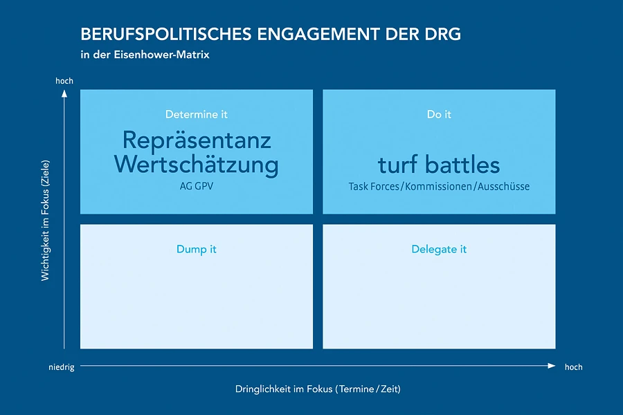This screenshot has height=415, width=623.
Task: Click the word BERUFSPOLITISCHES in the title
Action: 166,34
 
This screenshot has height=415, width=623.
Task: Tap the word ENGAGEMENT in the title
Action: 318,34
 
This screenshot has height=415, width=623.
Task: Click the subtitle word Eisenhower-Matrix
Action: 162,55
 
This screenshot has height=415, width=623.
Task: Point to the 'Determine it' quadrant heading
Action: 197,114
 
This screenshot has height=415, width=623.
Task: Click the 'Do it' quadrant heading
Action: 439,114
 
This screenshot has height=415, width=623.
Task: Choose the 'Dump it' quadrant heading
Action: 197,250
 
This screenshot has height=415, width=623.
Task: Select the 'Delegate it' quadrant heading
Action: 439,250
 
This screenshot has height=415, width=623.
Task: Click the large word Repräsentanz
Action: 197,141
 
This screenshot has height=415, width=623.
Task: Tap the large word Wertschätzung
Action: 197,165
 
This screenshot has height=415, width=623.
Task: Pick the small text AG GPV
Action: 197,186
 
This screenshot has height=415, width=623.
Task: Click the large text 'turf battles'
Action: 439,165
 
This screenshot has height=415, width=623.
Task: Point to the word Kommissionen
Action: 439,186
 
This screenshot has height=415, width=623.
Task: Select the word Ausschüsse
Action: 503,186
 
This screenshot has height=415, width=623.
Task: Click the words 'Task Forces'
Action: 374,186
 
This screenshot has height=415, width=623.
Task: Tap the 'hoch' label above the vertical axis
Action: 64,81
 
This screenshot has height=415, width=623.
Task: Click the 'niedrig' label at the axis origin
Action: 62,367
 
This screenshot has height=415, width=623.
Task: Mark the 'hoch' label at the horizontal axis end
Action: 574,367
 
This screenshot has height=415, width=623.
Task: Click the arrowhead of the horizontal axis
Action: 552,366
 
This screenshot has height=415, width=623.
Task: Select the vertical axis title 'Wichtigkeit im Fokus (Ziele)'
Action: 45,221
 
